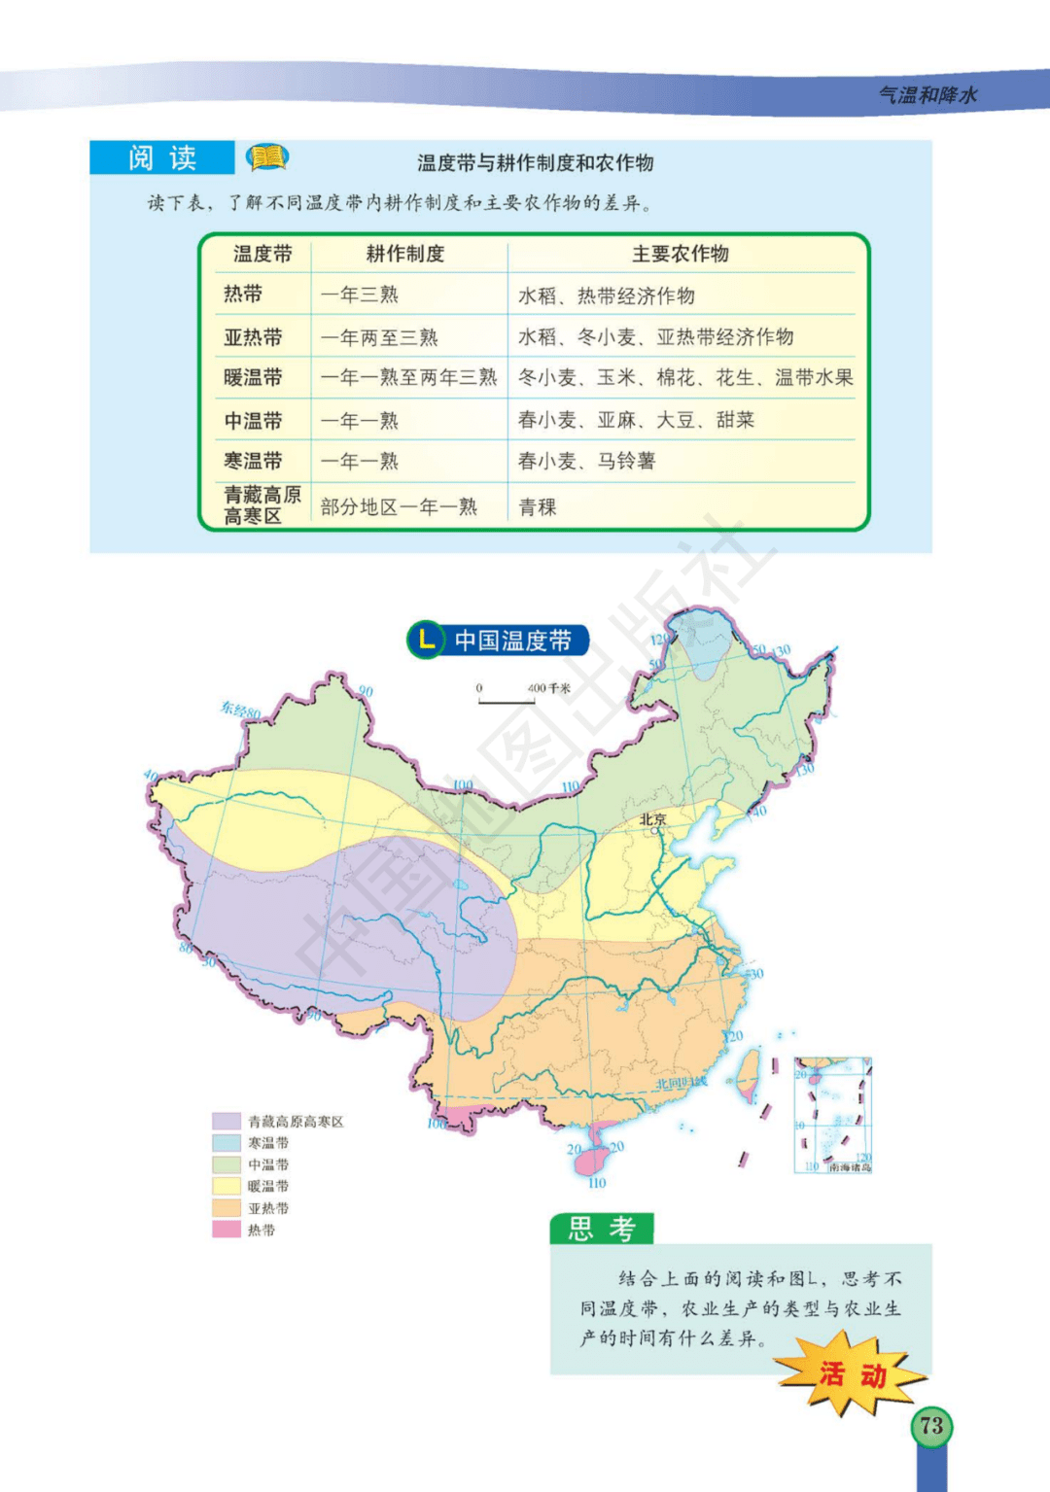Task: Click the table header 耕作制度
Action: [405, 254]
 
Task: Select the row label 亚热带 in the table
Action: [253, 337]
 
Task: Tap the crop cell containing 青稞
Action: [538, 506]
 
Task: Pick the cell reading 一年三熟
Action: [360, 295]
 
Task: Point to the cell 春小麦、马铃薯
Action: [586, 461]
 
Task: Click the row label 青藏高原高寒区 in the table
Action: [262, 505]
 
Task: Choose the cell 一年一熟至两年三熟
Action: [409, 378]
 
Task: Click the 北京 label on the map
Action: [652, 819]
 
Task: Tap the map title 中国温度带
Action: [512, 641]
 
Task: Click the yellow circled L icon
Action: [425, 640]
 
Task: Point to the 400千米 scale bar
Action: [507, 696]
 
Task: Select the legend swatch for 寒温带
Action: [227, 1143]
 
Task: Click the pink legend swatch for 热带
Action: [227, 1230]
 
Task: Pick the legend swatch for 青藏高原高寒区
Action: [227, 1121]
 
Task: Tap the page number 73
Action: [931, 1426]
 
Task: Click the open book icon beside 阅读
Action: [267, 156]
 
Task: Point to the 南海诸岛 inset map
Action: [832, 1115]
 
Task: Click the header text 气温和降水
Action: [927, 94]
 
